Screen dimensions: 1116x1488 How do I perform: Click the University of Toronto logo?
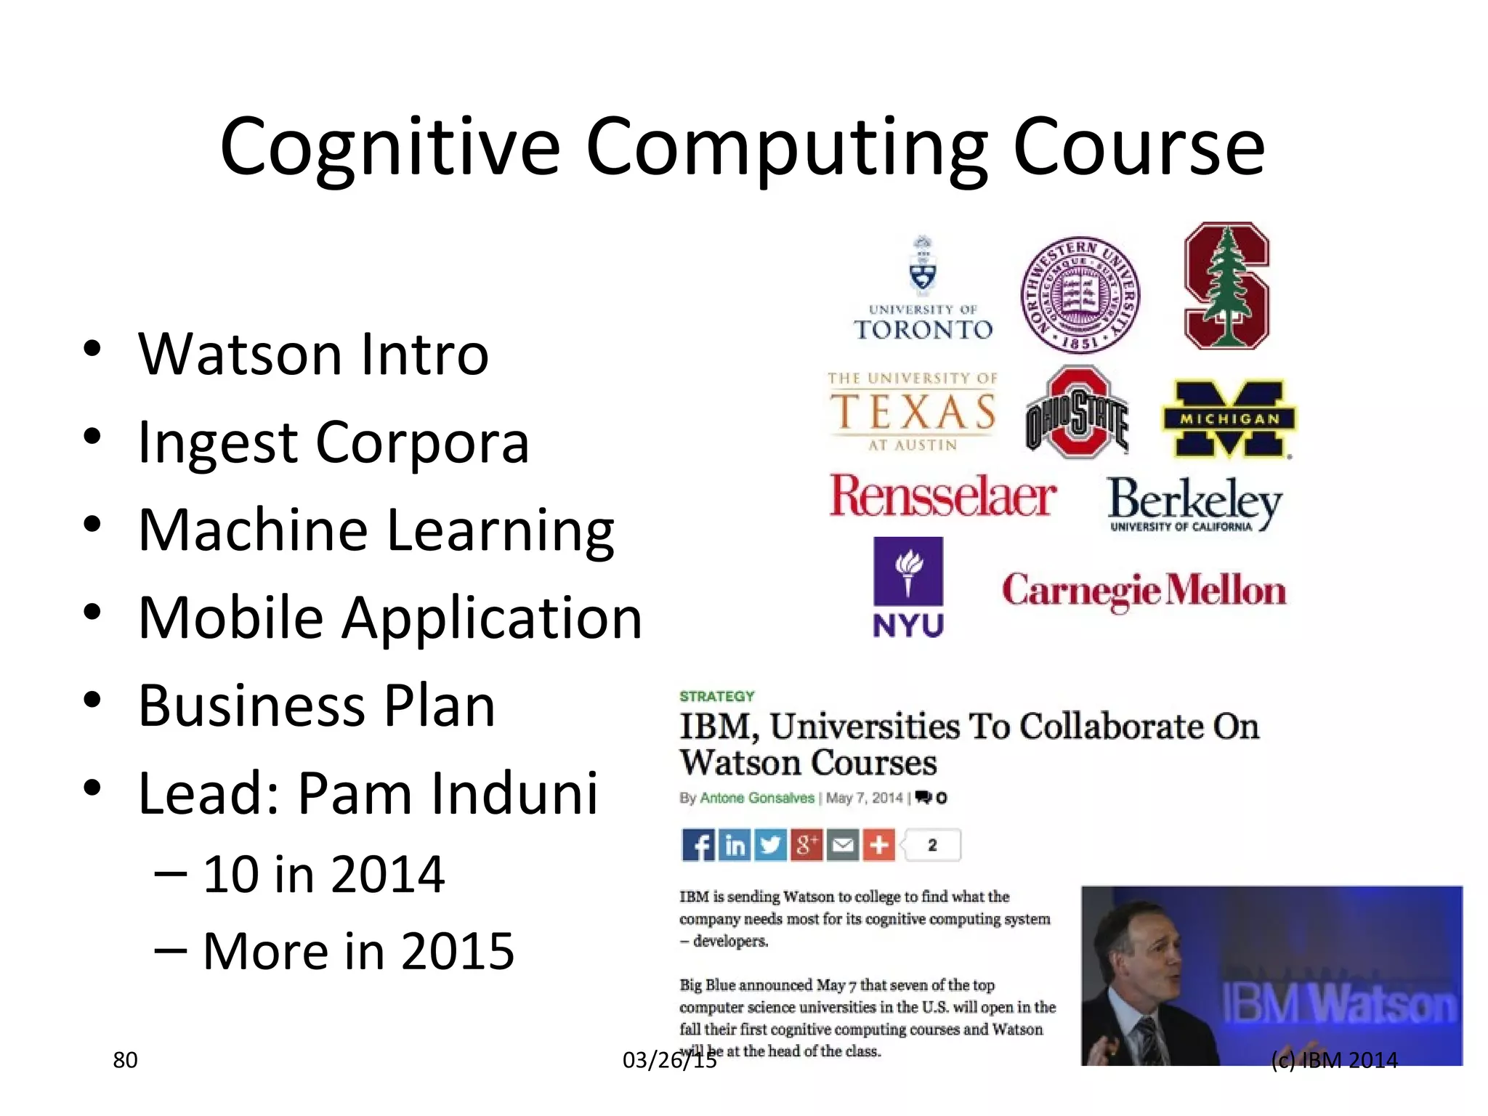(923, 291)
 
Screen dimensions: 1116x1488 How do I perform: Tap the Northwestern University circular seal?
(1080, 295)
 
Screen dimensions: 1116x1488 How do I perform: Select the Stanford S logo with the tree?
(1227, 286)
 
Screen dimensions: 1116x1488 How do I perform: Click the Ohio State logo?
(1077, 413)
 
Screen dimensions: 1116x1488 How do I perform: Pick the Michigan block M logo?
(1229, 419)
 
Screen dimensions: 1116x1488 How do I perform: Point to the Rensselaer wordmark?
(942, 497)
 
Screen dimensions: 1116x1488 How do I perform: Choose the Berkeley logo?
(1194, 504)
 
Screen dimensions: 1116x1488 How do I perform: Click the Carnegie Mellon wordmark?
(1144, 591)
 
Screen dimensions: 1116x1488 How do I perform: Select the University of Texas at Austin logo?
(913, 412)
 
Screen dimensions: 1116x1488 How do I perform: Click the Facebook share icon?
(698, 845)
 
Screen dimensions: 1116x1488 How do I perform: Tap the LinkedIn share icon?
(735, 845)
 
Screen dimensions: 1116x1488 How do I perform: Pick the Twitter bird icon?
(770, 845)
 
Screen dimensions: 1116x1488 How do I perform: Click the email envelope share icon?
(843, 845)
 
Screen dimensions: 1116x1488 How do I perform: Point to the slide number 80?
(125, 1060)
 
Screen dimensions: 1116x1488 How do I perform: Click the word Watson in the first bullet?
(240, 355)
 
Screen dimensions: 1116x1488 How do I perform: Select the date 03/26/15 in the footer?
(669, 1060)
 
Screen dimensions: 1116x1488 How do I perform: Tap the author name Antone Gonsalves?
(756, 798)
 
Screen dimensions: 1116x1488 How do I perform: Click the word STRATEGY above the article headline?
(717, 696)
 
